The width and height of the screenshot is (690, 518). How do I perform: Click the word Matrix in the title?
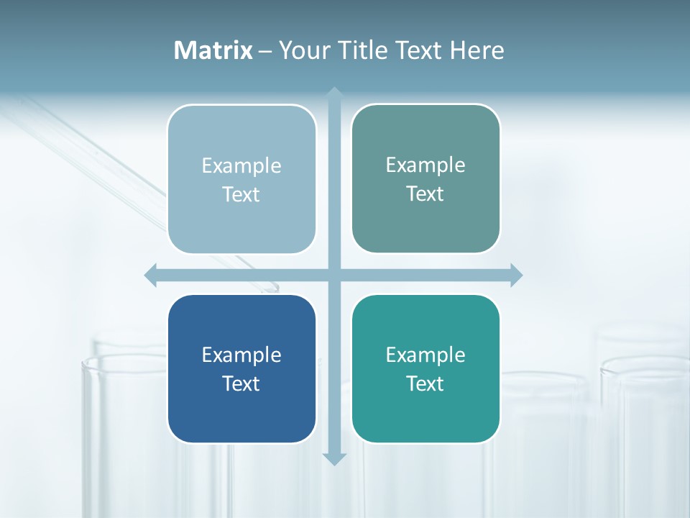(x=213, y=50)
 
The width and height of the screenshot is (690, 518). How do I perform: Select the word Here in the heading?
(x=477, y=50)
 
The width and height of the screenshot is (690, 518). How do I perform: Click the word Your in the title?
(x=304, y=50)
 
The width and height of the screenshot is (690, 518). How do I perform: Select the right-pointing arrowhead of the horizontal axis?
(x=516, y=275)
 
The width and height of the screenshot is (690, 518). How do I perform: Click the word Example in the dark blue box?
(x=241, y=355)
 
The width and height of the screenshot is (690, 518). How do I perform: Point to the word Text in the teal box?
(x=425, y=383)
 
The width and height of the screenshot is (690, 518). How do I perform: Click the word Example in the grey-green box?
(x=425, y=165)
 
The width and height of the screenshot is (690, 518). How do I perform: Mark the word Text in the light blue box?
(x=241, y=194)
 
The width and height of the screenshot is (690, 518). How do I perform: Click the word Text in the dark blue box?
(x=241, y=383)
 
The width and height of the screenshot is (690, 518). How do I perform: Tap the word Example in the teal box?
(x=425, y=355)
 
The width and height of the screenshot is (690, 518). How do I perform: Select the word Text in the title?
(x=420, y=50)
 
